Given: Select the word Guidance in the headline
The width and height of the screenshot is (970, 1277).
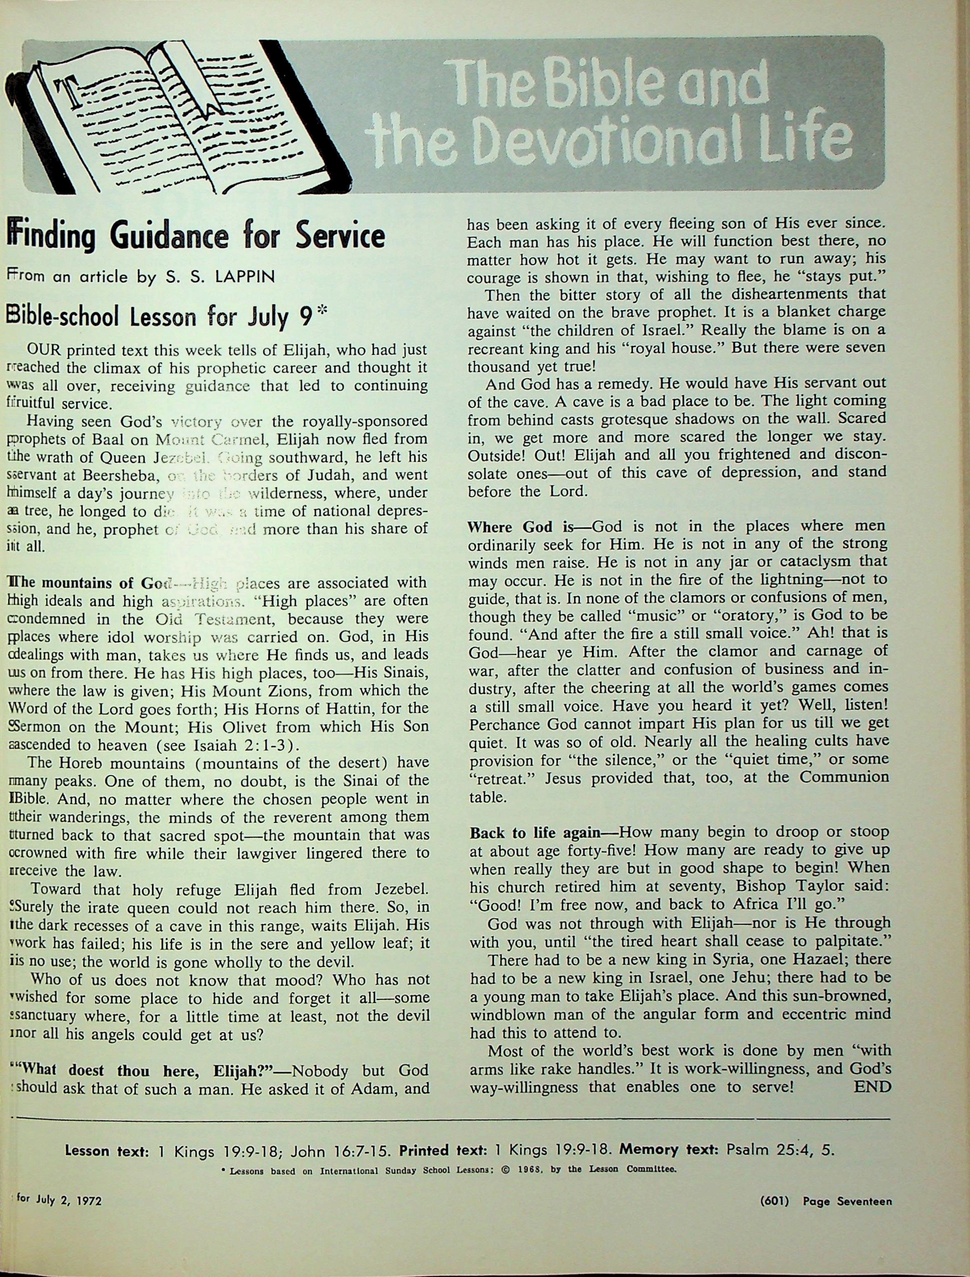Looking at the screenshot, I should (x=169, y=236).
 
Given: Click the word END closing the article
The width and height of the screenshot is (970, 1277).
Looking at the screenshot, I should (x=872, y=1087).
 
